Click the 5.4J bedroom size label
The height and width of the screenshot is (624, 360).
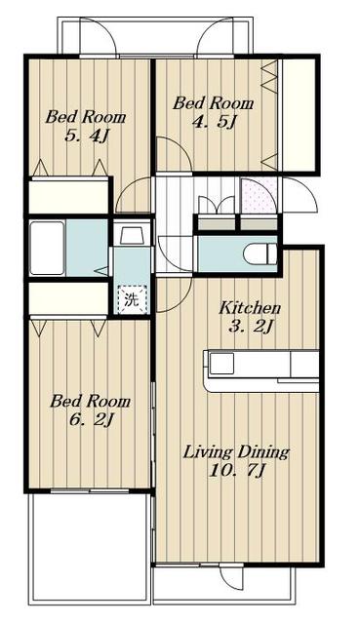tap(87, 136)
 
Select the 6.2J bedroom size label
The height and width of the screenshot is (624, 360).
tap(91, 419)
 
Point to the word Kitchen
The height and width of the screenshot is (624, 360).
tap(250, 308)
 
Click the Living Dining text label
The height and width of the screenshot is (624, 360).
tap(236, 452)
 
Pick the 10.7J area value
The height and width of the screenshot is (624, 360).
tap(236, 471)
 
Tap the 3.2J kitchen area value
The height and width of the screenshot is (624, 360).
tap(251, 327)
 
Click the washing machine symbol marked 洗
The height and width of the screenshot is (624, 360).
tap(132, 299)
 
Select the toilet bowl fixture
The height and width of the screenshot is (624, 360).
tap(260, 253)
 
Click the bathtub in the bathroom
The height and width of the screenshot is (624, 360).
tap(47, 248)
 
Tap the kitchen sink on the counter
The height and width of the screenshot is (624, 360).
tap(221, 364)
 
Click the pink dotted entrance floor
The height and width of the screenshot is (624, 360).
tap(259, 196)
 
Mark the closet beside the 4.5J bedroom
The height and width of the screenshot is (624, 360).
tap(299, 115)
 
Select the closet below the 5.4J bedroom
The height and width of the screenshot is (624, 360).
tap(68, 197)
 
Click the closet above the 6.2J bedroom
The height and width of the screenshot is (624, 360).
tap(68, 298)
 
